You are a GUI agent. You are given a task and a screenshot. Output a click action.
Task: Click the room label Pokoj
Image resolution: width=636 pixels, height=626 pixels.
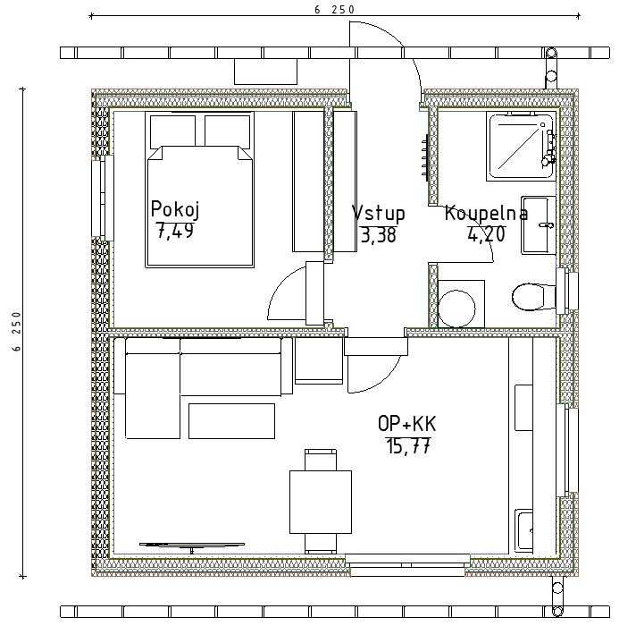175,210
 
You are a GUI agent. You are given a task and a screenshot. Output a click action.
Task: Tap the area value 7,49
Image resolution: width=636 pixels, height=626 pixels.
175,231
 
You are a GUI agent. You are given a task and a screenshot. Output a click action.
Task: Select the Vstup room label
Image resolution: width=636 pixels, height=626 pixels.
378,214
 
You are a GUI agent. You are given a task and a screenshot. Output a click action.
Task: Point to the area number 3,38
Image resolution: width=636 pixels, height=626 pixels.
378,235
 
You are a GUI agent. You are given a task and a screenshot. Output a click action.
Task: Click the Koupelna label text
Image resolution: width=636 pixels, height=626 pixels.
486,214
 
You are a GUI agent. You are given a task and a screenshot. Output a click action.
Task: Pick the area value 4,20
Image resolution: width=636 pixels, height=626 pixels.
486,233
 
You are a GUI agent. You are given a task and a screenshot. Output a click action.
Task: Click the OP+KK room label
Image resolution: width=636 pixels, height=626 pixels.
406,424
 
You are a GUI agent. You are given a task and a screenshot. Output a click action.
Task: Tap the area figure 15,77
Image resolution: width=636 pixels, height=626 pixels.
408,445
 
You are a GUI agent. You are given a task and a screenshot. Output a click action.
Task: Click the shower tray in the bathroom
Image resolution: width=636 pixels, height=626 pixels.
521,147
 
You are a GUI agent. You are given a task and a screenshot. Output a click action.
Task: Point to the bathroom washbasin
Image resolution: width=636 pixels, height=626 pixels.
539,225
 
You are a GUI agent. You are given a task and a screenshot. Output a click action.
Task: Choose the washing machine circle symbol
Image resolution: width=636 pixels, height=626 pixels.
456,309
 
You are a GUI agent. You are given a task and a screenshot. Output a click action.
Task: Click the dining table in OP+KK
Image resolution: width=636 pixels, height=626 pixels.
321,502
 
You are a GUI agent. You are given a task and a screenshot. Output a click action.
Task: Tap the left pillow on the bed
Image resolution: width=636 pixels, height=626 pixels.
172,132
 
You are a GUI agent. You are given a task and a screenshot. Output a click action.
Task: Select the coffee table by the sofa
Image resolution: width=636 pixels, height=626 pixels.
231,421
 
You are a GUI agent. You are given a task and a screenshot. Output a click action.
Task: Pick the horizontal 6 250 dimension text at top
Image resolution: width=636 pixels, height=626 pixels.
335,10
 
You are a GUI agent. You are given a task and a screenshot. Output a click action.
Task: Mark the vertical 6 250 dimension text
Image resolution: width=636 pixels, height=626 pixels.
16,331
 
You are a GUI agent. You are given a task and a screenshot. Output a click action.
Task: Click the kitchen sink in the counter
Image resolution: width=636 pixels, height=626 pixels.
524,531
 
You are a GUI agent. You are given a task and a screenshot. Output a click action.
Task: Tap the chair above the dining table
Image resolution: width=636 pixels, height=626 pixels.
321,460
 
